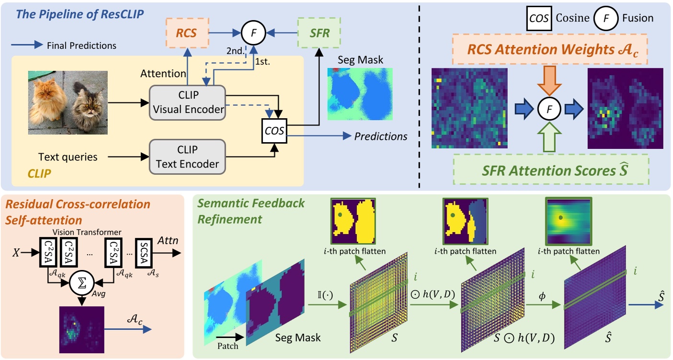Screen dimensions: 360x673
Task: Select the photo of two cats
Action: [68, 101]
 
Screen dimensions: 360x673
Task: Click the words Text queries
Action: [68, 157]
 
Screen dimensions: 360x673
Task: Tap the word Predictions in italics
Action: [381, 137]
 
